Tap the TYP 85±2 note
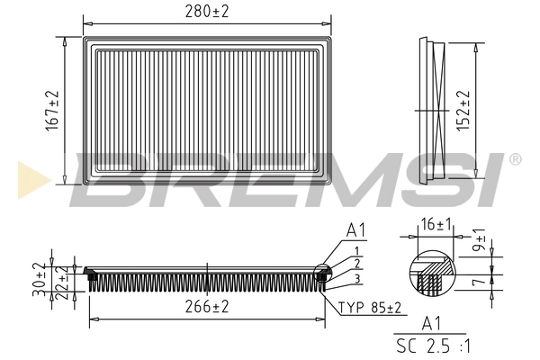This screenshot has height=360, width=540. tap(370, 307)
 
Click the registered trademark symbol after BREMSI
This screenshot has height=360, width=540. tap(515, 159)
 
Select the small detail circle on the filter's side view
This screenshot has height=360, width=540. tap(321, 273)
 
